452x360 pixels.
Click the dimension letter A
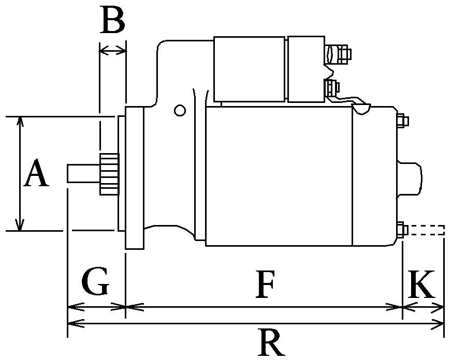(x=36, y=172)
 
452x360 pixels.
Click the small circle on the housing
(x=180, y=110)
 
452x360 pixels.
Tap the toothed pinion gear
(x=109, y=174)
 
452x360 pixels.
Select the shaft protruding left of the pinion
(x=83, y=173)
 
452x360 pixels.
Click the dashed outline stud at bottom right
(x=426, y=230)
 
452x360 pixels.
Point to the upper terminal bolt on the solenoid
(x=338, y=54)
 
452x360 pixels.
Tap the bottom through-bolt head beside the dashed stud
(x=402, y=230)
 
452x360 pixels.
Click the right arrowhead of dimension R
(x=437, y=323)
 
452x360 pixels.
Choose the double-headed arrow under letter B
(x=113, y=51)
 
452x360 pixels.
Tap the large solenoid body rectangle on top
(x=249, y=69)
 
